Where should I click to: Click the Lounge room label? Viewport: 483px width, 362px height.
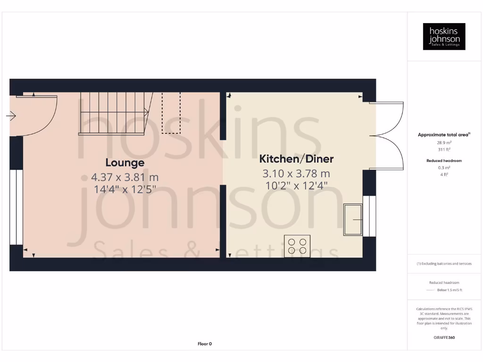(125, 163)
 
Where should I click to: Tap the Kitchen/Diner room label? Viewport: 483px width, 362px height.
(297, 159)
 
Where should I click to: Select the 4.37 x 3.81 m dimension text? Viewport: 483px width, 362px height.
(125, 178)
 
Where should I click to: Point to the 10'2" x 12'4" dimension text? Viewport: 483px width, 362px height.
(297, 186)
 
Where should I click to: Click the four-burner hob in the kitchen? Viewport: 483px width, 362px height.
(297, 246)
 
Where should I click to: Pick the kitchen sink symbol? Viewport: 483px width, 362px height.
(353, 219)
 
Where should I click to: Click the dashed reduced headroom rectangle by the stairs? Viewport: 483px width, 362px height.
(171, 113)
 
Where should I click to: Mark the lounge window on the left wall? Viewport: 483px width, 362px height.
(16, 207)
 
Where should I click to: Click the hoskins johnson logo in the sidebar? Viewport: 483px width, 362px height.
(444, 37)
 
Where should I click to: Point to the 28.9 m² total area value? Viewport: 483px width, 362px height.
(444, 142)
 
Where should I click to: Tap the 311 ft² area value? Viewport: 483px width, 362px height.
(444, 149)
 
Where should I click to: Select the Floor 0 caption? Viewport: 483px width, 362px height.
(205, 344)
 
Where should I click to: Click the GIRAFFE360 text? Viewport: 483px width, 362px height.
(444, 337)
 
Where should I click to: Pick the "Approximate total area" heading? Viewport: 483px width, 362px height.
(443, 135)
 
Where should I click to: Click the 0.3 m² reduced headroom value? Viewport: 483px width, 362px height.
(444, 168)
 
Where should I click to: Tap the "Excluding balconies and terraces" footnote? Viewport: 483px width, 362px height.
(444, 263)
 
